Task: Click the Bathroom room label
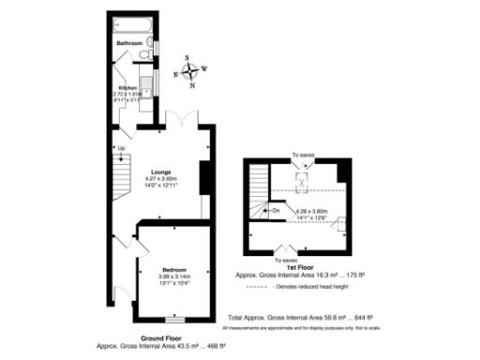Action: (129, 44)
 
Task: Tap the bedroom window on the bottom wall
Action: (173, 321)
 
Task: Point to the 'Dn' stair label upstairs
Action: (277, 210)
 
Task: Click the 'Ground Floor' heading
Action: (160, 338)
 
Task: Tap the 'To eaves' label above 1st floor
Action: (301, 154)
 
